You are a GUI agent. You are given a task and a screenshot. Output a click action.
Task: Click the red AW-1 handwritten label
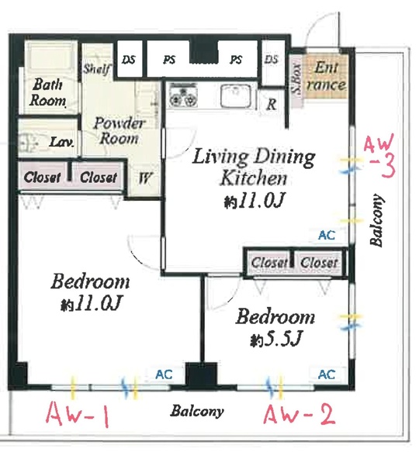coord(78,415)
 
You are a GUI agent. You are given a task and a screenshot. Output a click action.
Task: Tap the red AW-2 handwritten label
coord(300,414)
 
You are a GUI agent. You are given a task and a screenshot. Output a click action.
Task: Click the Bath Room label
coord(47,92)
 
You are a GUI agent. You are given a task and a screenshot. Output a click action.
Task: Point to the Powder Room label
coord(118,130)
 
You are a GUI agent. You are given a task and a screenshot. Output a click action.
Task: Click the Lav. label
coord(61,142)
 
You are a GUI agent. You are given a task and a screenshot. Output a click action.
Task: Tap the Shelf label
coord(97,69)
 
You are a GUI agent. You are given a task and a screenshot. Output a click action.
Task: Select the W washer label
coord(145,178)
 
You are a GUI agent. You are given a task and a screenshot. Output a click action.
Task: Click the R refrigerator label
coord(272,104)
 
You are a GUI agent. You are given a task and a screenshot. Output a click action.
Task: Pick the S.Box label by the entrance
coord(296,78)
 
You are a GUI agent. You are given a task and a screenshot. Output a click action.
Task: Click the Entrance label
coord(326,76)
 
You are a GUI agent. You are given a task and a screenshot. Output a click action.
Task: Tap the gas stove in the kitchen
coord(183,95)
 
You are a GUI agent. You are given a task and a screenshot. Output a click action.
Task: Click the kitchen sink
coord(235,95)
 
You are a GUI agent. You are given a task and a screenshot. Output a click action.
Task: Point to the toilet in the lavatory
coord(28,142)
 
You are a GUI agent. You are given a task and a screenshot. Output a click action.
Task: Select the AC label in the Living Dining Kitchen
coord(327,235)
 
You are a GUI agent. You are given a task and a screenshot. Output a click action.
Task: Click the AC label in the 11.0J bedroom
coord(164,374)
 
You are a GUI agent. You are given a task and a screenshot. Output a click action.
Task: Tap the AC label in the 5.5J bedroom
coord(327,374)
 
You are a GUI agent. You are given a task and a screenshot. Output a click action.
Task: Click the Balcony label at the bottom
coord(197,411)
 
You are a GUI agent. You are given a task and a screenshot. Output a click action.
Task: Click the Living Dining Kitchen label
coord(254,167)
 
